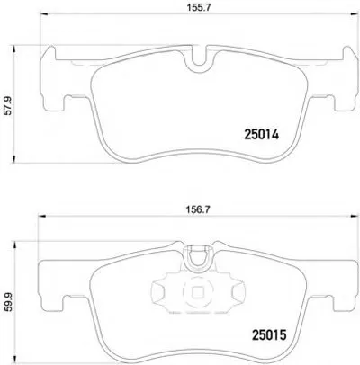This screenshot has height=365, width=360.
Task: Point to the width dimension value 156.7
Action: click(196, 214)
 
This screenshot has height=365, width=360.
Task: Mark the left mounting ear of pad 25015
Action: click(49, 296)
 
